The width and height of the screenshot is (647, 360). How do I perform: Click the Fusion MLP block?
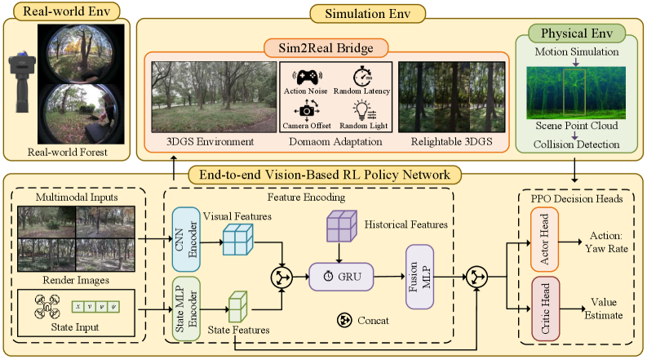(419, 277)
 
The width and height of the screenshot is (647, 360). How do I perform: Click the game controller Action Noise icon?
(306, 77)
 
